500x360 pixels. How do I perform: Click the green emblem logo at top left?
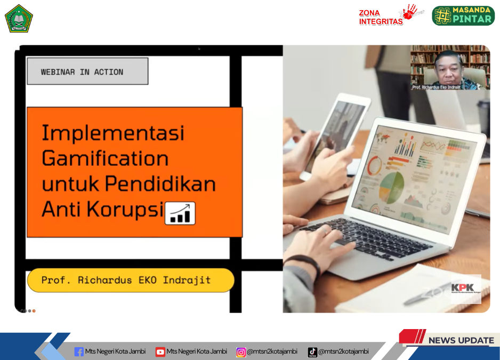pyautogui.click(x=19, y=18)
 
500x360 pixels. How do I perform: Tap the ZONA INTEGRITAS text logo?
pyautogui.click(x=381, y=18)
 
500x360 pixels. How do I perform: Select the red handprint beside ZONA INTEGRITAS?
pyautogui.click(x=410, y=12)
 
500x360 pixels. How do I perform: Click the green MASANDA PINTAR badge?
pyautogui.click(x=463, y=16)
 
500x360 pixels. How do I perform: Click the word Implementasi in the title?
pyautogui.click(x=113, y=133)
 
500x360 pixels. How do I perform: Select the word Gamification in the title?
pyautogui.click(x=105, y=158)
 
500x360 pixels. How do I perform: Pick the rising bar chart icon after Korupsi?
pyautogui.click(x=180, y=213)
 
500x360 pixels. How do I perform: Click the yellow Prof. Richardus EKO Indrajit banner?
pyautogui.click(x=131, y=280)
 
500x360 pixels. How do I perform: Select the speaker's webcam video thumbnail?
pyautogui.click(x=450, y=67)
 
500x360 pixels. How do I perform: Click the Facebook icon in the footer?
pyautogui.click(x=79, y=352)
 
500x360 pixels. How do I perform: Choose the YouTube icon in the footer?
pyautogui.click(x=160, y=352)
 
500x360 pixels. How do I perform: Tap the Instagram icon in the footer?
pyautogui.click(x=241, y=352)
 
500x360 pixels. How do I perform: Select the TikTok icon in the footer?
pyautogui.click(x=313, y=352)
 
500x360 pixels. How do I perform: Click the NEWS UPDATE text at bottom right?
pyautogui.click(x=461, y=340)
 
